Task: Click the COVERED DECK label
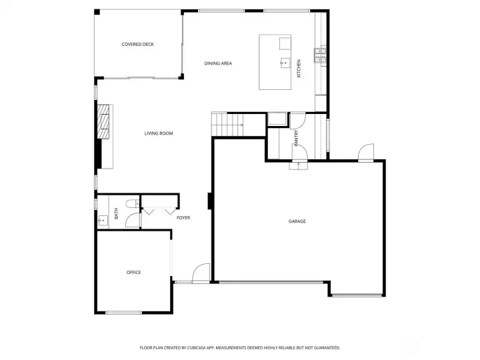(138, 45)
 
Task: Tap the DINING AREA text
(218, 63)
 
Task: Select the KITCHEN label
(299, 68)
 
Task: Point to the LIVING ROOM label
(159, 133)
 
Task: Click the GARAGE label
(297, 221)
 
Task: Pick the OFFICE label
(134, 272)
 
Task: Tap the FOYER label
(183, 218)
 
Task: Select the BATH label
(116, 214)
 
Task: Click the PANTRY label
(297, 137)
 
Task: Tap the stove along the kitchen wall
(321, 55)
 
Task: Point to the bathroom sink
(103, 219)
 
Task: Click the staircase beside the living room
(227, 124)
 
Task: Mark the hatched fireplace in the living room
(104, 124)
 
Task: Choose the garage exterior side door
(365, 153)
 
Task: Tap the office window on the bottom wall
(123, 313)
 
